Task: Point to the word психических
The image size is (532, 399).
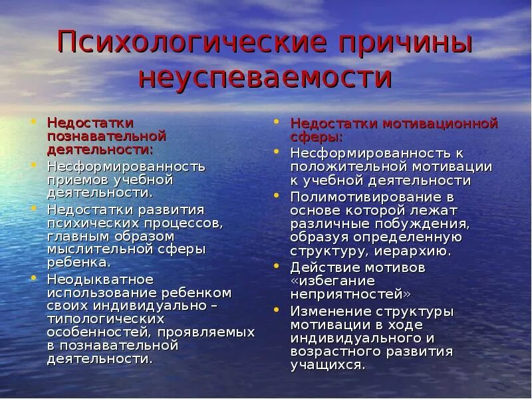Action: tap(86, 223)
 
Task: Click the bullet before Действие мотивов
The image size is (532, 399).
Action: tap(277, 265)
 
